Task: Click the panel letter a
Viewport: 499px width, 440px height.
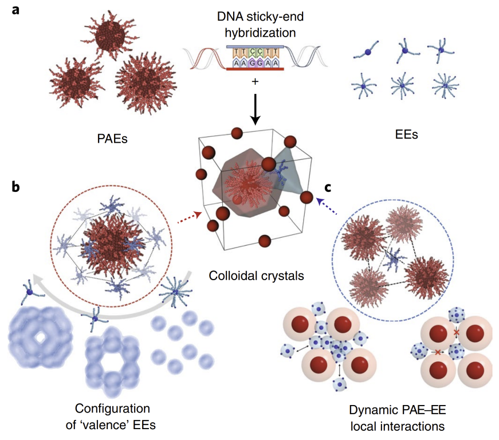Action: (x=18, y=10)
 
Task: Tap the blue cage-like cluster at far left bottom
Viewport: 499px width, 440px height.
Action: (x=39, y=340)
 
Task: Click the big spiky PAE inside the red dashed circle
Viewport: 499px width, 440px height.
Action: (x=109, y=241)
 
